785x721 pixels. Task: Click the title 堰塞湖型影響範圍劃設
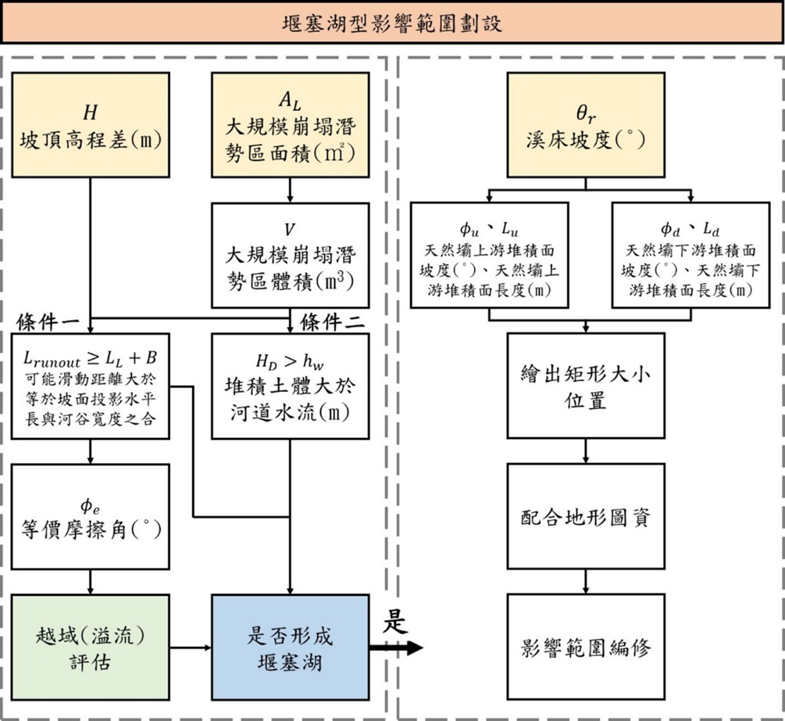(x=392, y=23)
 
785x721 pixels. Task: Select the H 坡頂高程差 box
(x=91, y=125)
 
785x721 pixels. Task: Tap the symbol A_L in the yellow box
(x=290, y=101)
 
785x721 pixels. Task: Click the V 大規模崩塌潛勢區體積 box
(x=290, y=255)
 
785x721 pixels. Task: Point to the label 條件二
(x=332, y=323)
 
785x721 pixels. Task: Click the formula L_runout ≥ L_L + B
(x=90, y=359)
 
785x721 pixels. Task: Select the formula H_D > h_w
(x=290, y=361)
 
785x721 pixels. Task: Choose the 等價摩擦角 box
(x=91, y=516)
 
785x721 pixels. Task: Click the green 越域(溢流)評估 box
(x=91, y=647)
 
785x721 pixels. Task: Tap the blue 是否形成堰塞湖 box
(x=290, y=647)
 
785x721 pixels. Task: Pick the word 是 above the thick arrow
(x=395, y=621)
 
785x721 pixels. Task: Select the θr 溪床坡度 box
(x=586, y=125)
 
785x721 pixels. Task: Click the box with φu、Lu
(x=490, y=255)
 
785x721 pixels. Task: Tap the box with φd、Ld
(x=691, y=255)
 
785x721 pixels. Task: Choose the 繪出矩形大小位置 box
(x=586, y=386)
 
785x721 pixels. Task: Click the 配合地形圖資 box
(x=586, y=516)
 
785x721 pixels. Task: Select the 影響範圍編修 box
(x=586, y=647)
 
